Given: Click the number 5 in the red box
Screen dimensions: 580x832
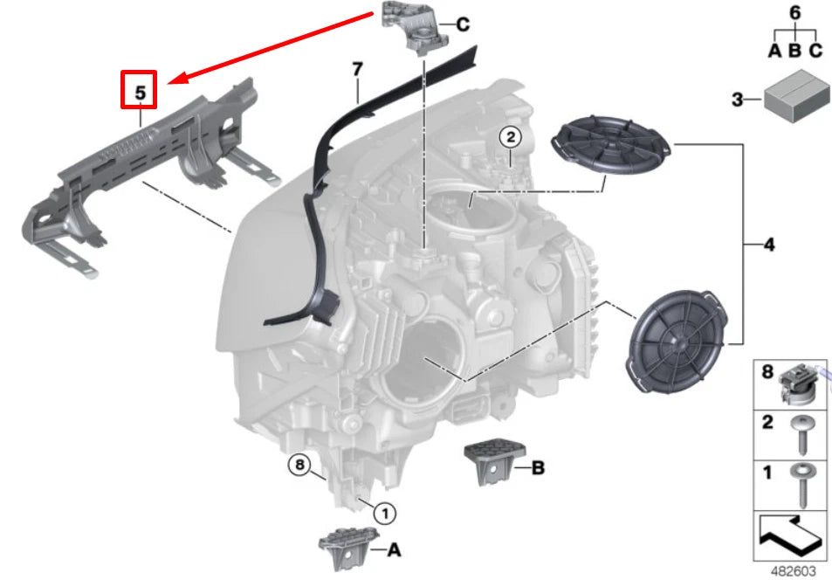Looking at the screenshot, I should coord(139,89).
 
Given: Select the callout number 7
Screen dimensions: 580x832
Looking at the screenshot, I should coord(356,69).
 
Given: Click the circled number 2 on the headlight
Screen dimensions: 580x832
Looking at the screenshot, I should coord(510,136).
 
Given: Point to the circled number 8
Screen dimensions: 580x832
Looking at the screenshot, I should coord(299,466).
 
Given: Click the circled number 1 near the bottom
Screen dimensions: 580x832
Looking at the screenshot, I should coord(384,512).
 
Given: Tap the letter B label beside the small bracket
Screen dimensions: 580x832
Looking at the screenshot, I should coord(538,469).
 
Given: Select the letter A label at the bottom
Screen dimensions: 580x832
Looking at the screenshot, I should coord(393,549).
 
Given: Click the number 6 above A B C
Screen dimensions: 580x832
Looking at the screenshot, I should coord(794,13).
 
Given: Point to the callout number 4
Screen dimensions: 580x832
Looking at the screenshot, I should coord(768,245).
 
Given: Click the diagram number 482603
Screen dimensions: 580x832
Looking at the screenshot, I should coord(794,570).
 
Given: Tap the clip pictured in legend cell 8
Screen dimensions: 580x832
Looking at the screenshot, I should coord(801,385).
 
